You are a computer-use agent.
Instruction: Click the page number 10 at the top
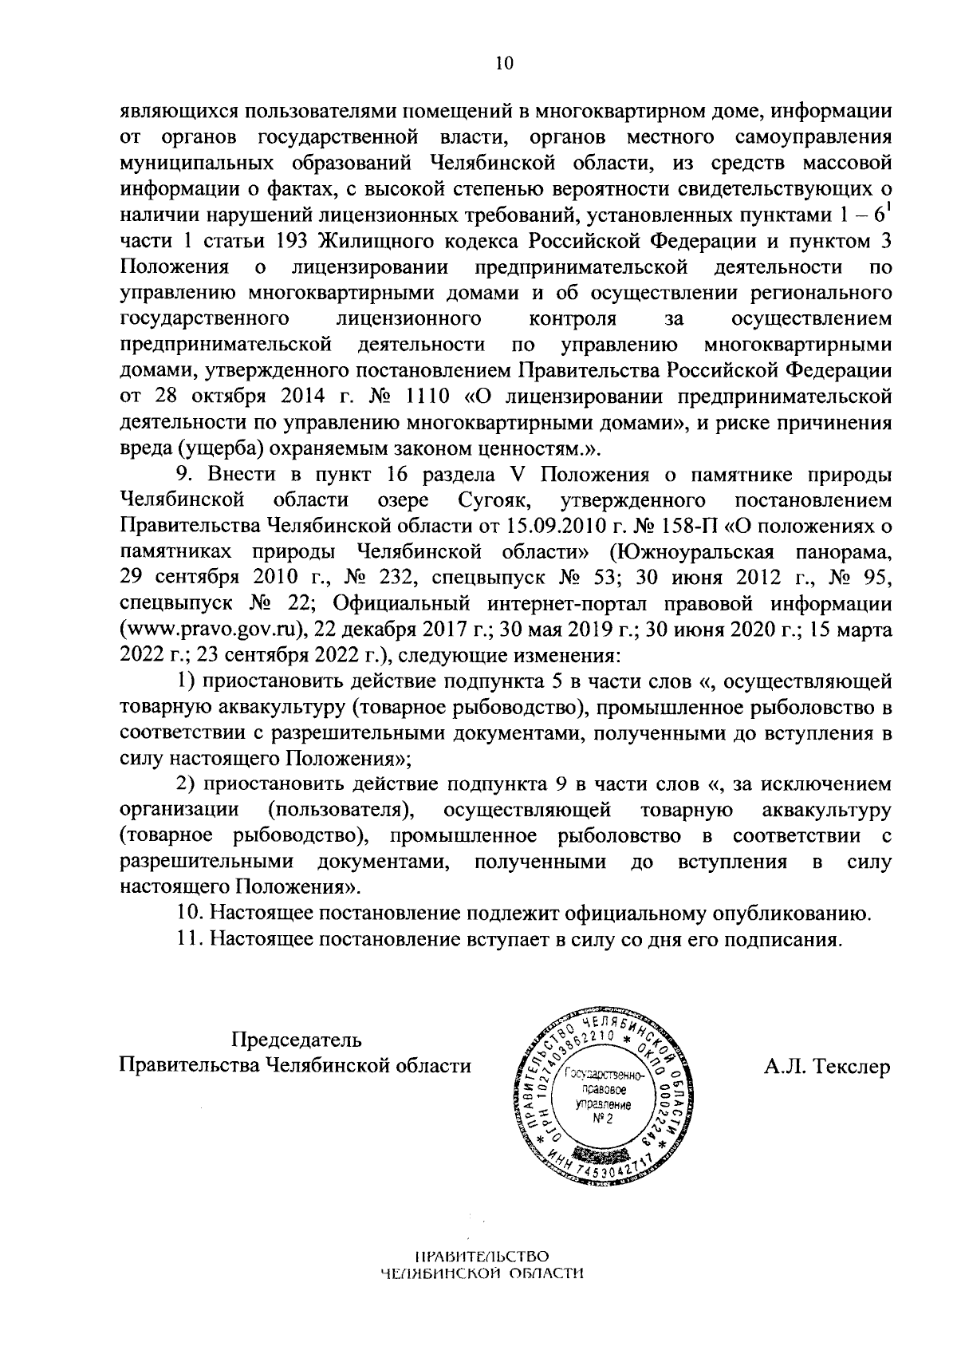click(504, 65)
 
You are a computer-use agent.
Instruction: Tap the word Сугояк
click(487, 500)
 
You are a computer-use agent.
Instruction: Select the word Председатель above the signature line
click(296, 1040)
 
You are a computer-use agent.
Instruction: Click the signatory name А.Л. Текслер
click(827, 1067)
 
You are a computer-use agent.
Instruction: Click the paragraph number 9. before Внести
click(185, 475)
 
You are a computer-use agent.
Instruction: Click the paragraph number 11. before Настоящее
click(188, 938)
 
